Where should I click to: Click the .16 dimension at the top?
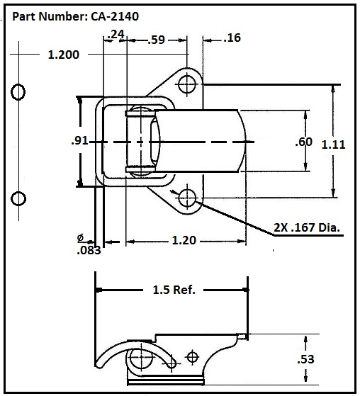pyautogui.click(x=232, y=38)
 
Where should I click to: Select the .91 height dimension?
pyautogui.click(x=79, y=141)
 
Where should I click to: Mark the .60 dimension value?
pyautogui.click(x=303, y=142)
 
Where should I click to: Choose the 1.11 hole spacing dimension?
pyautogui.click(x=333, y=144)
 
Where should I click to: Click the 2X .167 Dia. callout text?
pyautogui.click(x=308, y=227)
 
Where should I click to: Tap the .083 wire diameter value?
pyautogui.click(x=89, y=249)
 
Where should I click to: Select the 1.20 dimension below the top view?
pyautogui.click(x=183, y=241)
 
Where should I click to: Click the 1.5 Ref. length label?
pyautogui.click(x=174, y=290)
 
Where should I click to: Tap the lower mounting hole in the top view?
pyautogui.click(x=187, y=198)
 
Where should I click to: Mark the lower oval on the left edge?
pyautogui.click(x=18, y=196)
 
